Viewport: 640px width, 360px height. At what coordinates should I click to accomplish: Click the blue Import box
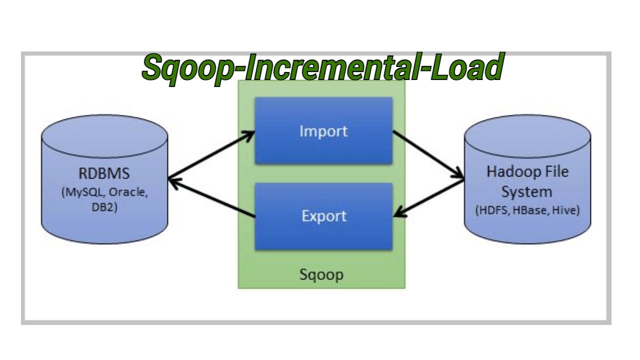tap(323, 131)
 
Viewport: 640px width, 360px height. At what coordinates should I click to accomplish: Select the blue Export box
tap(323, 216)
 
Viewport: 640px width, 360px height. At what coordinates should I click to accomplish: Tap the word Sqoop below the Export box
tap(321, 274)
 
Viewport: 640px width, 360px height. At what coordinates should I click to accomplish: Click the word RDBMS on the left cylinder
tap(104, 174)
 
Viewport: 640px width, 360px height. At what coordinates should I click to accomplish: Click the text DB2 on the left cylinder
tap(103, 207)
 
